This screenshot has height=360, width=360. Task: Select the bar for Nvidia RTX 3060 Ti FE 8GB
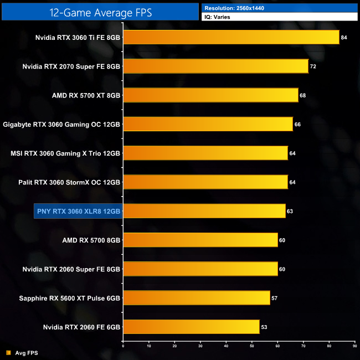pyautogui.click(x=231, y=37)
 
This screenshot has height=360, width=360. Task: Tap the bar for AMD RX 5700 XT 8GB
pyautogui.click(x=210, y=95)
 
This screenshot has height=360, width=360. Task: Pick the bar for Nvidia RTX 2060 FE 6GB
pyautogui.click(x=191, y=327)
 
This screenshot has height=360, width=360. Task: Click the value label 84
pyautogui.click(x=344, y=38)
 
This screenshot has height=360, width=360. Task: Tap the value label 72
pyautogui.click(x=313, y=66)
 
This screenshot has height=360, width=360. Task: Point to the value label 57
pyautogui.click(x=274, y=299)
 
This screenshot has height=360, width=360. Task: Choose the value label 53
pyautogui.click(x=264, y=327)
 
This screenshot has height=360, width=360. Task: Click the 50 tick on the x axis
pyautogui.click(x=251, y=346)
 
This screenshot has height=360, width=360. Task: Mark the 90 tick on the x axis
pyautogui.click(x=354, y=346)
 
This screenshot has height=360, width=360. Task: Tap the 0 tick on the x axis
pyautogui.click(x=123, y=346)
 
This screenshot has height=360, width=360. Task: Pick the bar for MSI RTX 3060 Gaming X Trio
pyautogui.click(x=205, y=153)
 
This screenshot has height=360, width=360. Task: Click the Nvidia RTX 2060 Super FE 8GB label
pyautogui.click(x=71, y=269)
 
